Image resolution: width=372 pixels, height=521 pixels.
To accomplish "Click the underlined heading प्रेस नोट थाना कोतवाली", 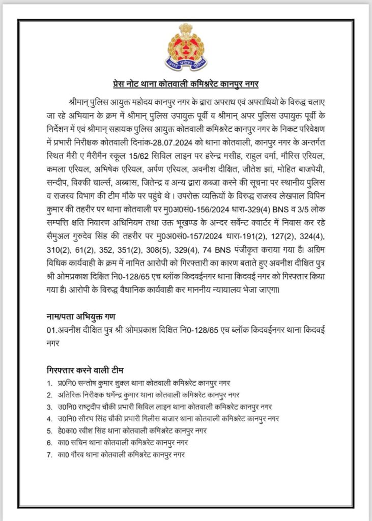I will (x=186, y=83).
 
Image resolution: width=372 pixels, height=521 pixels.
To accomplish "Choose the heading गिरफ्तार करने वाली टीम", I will (x=85, y=369).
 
